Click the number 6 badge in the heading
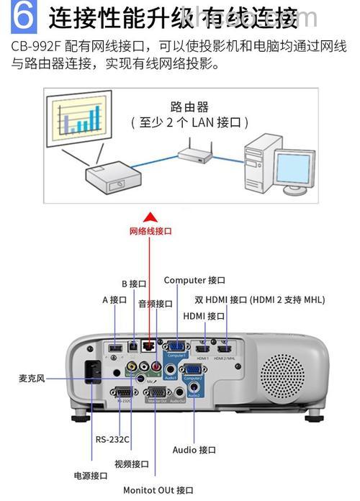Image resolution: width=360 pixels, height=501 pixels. (24, 17)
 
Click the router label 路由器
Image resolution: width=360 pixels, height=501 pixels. (189, 107)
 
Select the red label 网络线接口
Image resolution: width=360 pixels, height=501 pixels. (150, 232)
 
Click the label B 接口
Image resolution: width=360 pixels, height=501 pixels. (134, 284)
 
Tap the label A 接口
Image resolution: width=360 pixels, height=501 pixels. (114, 299)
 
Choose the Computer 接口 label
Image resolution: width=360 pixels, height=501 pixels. (194, 280)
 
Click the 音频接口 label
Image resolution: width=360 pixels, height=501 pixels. (156, 304)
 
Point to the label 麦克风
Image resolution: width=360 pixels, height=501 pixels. (32, 378)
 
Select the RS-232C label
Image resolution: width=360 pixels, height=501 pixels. (112, 439)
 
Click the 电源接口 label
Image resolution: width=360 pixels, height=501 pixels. (91, 475)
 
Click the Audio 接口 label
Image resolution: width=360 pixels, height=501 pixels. (194, 450)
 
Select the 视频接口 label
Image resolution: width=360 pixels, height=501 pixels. (132, 464)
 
